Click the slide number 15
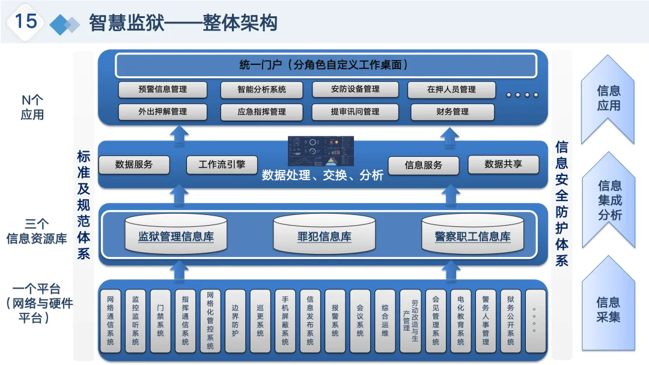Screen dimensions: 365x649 26,22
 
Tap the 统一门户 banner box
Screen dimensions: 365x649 326,65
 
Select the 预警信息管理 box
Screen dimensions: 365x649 162,89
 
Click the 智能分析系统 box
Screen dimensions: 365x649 261,89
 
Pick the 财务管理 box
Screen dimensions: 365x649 452,112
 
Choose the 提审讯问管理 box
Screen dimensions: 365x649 355,112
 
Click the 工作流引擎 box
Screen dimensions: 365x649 222,164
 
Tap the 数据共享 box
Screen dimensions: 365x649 503,164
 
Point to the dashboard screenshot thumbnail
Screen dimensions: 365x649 321,151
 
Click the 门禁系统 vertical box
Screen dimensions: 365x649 160,322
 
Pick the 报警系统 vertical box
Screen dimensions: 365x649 335,322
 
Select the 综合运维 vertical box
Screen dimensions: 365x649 385,322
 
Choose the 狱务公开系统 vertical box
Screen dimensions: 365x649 510,322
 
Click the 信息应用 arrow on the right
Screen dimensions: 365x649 608,98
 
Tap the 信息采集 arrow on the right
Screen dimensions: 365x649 608,309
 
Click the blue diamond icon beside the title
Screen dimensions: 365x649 64,24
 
